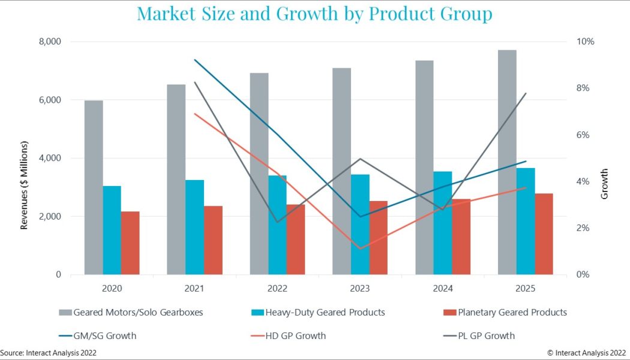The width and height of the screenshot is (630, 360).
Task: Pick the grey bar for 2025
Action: click(507, 162)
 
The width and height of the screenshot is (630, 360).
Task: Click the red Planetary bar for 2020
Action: click(130, 243)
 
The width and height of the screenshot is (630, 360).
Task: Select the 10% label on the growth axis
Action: click(585, 42)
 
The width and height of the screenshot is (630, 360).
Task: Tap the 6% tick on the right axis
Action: click(583, 135)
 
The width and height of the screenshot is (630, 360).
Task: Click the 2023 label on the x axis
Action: click(360, 289)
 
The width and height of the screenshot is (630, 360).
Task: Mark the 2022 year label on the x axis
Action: click(277, 289)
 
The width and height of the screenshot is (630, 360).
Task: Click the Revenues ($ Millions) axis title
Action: click(25, 186)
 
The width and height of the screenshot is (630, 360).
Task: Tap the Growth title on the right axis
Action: click(604, 184)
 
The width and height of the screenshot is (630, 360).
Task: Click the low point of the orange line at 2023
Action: click(361, 248)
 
